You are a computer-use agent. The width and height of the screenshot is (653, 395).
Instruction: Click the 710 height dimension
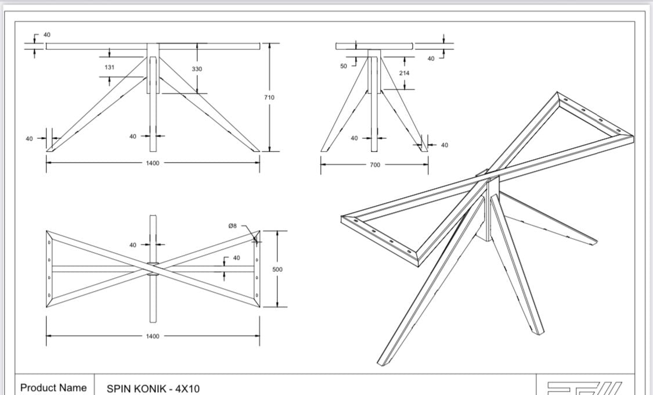pos(269,98)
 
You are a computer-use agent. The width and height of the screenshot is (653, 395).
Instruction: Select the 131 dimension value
pos(110,67)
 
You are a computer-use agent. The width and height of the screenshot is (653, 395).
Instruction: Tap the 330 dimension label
pos(197,69)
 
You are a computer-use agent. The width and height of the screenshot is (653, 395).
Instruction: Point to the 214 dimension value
pos(405,73)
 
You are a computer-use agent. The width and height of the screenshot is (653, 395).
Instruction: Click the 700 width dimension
pos(375,165)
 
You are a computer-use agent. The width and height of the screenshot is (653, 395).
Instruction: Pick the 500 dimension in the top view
pos(277,270)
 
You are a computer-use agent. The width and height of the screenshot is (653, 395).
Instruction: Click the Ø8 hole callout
pos(232,225)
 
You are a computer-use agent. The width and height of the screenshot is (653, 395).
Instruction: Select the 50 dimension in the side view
pos(344,66)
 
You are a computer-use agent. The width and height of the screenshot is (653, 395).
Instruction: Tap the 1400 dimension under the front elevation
pos(153,163)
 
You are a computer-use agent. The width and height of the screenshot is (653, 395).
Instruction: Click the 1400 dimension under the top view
pos(153,336)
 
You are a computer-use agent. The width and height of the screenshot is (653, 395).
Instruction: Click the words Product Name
pos(54,387)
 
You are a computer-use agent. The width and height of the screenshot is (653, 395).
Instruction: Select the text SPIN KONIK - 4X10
pos(153,388)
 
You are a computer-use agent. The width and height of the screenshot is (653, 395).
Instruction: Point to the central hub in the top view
pos(153,268)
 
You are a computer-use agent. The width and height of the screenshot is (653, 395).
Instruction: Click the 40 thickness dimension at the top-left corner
pos(46,35)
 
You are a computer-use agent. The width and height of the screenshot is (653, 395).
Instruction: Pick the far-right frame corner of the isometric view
pos(632,137)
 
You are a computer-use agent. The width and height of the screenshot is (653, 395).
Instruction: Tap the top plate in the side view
pos(374,46)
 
